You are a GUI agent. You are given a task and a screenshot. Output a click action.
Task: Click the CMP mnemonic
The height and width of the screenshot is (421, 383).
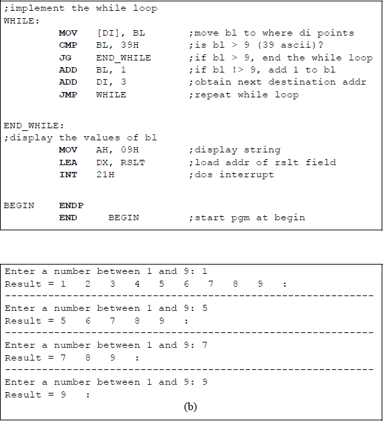[68, 45]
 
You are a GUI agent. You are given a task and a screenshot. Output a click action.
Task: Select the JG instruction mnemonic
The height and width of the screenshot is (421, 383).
[65, 58]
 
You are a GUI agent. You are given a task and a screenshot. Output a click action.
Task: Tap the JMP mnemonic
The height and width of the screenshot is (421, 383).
[68, 95]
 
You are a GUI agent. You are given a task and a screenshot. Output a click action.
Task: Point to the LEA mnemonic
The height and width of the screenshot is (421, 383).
[68, 162]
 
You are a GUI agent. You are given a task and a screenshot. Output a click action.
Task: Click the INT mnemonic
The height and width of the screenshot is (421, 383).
[68, 175]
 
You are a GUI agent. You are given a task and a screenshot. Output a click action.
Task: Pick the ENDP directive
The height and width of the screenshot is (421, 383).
[71, 205]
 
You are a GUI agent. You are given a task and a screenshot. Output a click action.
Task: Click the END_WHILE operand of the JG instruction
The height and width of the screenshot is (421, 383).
[124, 58]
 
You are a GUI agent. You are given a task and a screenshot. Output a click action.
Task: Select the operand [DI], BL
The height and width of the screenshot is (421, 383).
[121, 33]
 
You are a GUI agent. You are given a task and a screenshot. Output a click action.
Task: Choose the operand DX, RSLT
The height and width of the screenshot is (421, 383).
[121, 162]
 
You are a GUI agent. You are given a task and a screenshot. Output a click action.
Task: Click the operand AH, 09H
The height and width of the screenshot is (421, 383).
[118, 150]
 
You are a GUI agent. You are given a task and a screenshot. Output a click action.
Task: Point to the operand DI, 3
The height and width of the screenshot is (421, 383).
[112, 82]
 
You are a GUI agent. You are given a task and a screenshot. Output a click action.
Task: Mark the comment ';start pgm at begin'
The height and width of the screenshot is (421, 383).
[247, 218]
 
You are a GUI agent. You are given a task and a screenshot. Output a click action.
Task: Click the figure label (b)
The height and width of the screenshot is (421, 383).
[191, 407]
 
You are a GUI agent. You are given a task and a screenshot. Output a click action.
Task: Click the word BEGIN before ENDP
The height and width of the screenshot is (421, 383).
[19, 205]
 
